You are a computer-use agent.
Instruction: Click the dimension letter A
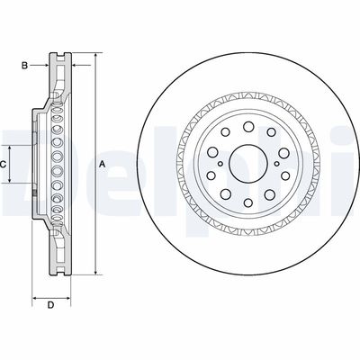(103, 163)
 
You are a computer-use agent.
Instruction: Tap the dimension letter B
(26, 65)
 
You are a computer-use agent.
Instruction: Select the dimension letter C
(4, 164)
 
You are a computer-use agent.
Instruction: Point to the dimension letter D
(50, 304)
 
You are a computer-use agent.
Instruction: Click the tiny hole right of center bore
(274, 163)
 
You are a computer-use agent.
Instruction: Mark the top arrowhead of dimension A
(92, 56)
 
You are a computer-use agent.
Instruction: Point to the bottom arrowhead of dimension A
(92, 271)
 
